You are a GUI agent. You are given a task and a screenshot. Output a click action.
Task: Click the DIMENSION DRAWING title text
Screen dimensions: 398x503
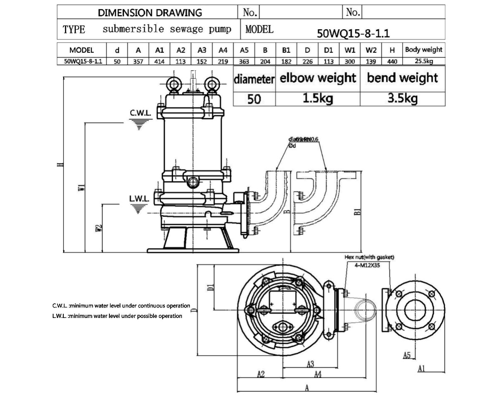pos(150,13)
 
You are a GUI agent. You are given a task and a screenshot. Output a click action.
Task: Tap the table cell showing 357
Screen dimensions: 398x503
pos(138,62)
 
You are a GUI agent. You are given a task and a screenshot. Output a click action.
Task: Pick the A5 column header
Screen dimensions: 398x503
pos(244,50)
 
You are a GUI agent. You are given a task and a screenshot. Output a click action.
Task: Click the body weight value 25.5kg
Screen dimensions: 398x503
pos(423,62)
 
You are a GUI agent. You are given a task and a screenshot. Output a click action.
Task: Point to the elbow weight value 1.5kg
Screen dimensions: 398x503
pos(317,99)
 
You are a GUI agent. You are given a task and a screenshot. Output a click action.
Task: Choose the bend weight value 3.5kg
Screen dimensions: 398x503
pos(402,99)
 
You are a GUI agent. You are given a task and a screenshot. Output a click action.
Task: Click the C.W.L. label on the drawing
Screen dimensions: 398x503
pos(140,114)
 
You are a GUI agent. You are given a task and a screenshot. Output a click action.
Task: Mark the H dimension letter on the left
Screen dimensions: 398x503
pos(60,164)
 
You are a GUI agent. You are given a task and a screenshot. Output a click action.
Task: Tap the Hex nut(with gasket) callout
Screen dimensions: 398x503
pos(369,257)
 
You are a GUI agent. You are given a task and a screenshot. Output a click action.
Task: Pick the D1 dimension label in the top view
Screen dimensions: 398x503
pos(211,287)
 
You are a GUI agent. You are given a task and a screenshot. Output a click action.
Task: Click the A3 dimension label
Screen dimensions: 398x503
pos(311,363)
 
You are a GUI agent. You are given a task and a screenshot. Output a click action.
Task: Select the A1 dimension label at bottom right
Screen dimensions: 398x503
pos(422,368)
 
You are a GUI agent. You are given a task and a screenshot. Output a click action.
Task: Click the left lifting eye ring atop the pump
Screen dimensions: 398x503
pos(173,84)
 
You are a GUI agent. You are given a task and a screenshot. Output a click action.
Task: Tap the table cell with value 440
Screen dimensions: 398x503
pos(392,62)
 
